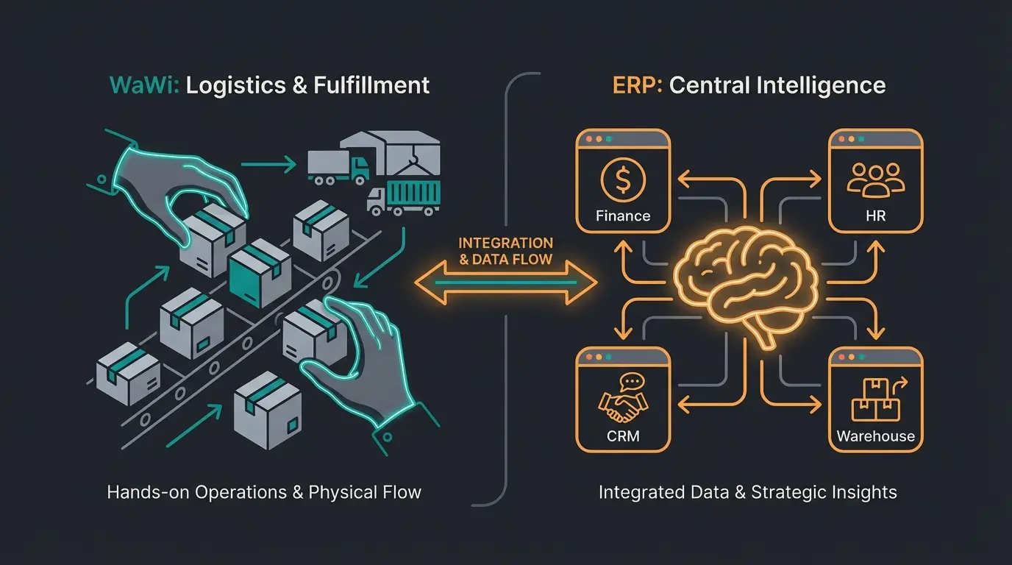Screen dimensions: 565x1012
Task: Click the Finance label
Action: pos(623,216)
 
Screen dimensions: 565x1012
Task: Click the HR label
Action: pos(875,216)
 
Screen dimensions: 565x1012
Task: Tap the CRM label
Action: pos(622,436)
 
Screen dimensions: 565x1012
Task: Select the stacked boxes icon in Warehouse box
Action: pos(875,398)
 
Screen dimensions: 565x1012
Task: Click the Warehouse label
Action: pos(875,436)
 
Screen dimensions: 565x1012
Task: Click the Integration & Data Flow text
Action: pos(505,250)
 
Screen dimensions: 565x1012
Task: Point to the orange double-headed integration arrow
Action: pos(505,282)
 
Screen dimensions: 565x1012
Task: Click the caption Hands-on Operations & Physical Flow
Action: pos(264,491)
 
